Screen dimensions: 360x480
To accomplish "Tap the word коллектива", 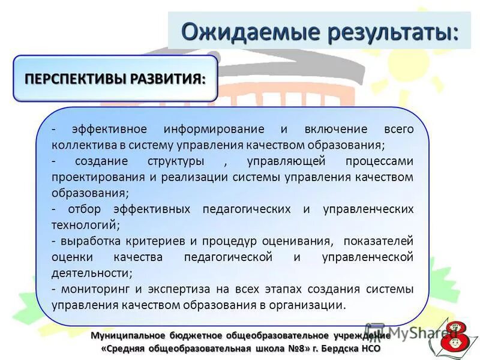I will [x=82, y=145].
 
